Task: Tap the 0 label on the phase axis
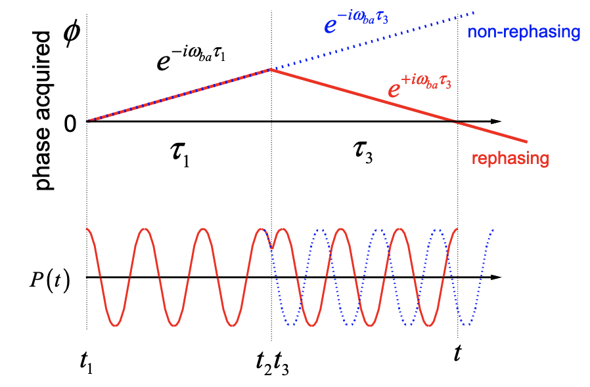pos(70,123)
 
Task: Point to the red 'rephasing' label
pos(511,158)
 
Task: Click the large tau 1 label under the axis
pos(177,155)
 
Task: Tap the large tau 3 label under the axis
pos(360,155)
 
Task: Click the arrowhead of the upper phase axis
pos(497,121)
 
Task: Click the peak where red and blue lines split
pos(271,69)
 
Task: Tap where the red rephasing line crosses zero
pos(457,121)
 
